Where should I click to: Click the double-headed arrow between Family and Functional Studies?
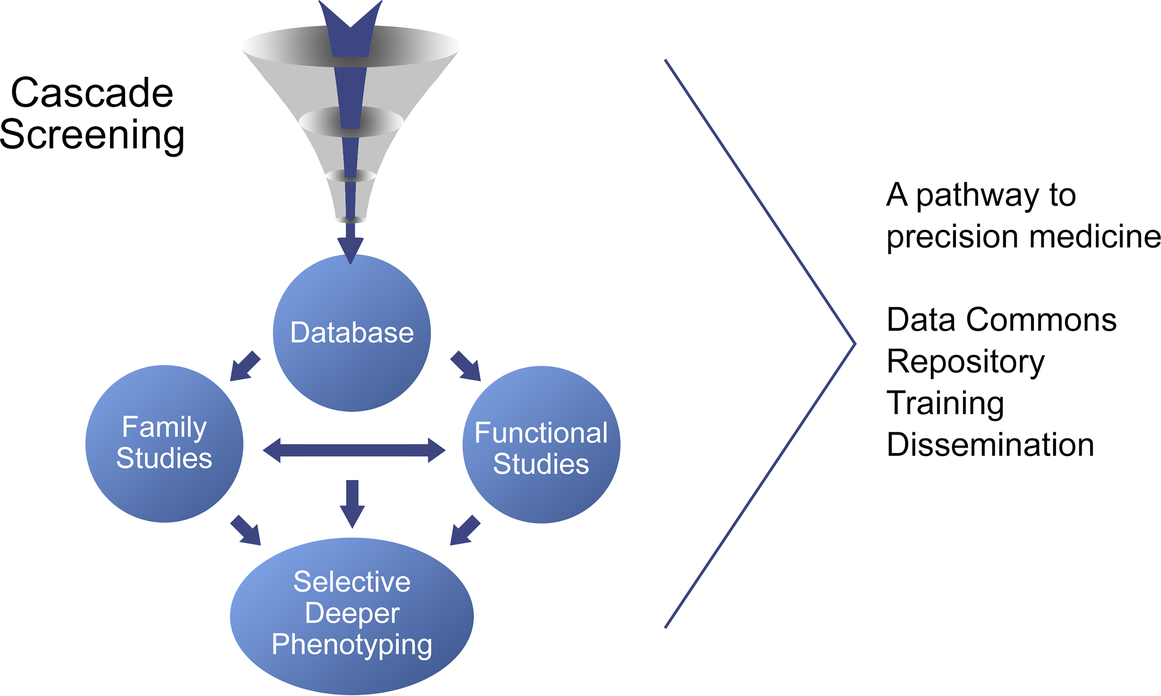tap(354, 450)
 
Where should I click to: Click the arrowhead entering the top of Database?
tap(350, 249)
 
